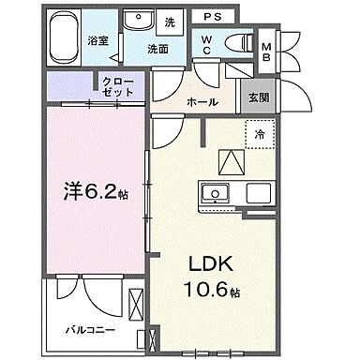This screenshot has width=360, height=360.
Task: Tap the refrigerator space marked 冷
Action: tap(260, 134)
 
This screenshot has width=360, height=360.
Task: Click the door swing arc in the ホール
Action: tap(170, 89)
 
